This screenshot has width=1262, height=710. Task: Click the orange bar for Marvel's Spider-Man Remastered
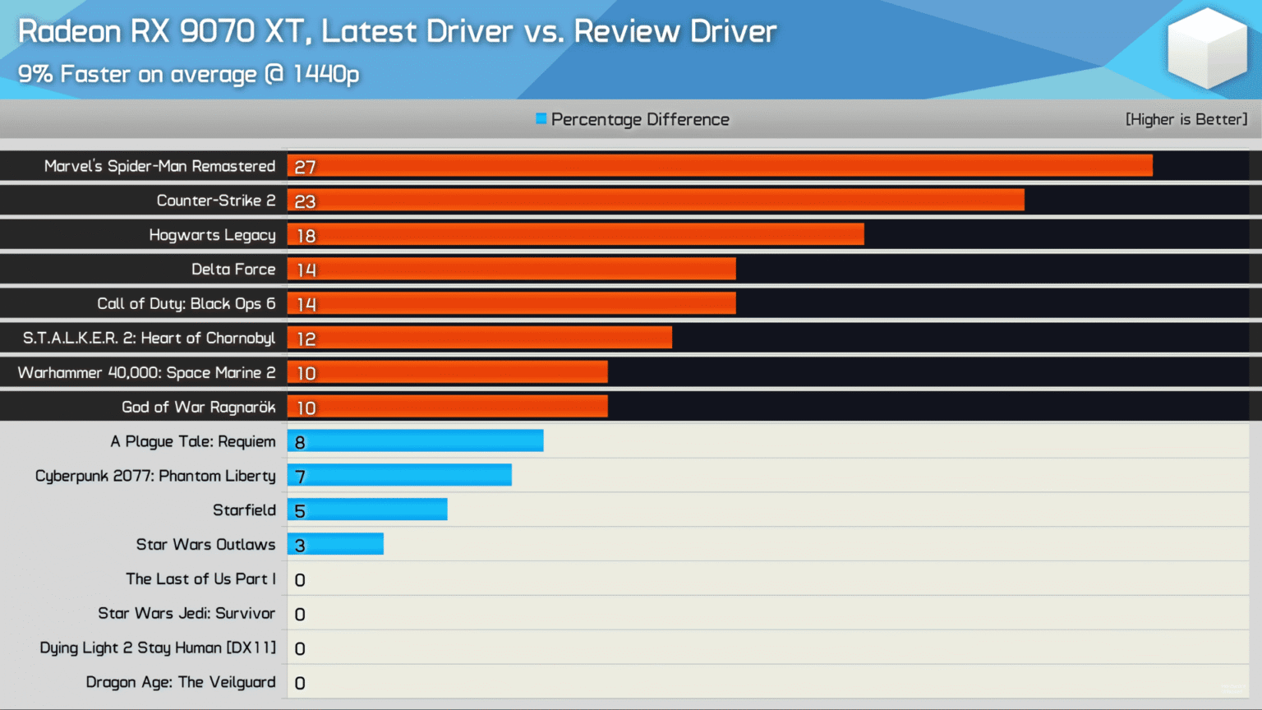[x=720, y=166]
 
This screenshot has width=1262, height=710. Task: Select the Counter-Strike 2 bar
[x=656, y=201]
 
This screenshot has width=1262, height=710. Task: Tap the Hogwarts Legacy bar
[x=575, y=235]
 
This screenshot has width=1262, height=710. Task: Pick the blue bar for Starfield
[x=367, y=509]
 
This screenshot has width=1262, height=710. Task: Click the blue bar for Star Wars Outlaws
[x=335, y=544]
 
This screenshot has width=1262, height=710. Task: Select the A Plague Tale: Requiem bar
[x=415, y=441]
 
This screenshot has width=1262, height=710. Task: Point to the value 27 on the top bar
[x=305, y=167]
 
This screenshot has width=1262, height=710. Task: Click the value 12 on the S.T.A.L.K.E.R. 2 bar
[x=306, y=339]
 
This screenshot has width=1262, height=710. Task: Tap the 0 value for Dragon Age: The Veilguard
[x=300, y=683]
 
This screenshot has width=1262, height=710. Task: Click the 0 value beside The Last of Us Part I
[x=300, y=580]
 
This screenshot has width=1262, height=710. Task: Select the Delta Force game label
[x=233, y=270]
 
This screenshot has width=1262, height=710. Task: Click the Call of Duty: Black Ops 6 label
[x=187, y=304]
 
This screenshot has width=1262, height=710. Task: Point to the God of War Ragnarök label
[x=199, y=408]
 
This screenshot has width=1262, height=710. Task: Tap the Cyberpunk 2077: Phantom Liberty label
[x=155, y=476]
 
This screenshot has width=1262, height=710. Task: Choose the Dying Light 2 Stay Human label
[x=158, y=648]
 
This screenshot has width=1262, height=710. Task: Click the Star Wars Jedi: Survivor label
[x=187, y=613]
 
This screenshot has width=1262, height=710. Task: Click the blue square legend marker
[x=541, y=118]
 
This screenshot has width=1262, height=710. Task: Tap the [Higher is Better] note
[x=1186, y=119]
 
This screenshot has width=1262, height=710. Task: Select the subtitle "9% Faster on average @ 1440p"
[x=189, y=74]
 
